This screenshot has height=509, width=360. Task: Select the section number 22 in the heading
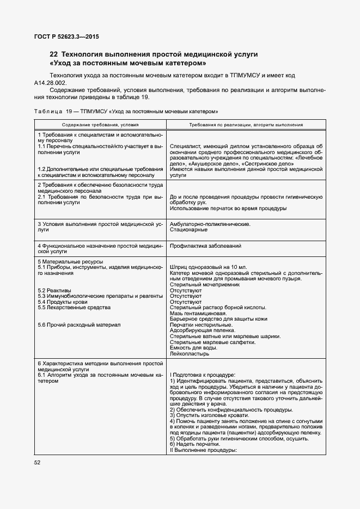[x=53, y=54]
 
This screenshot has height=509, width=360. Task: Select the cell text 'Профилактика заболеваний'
[x=206, y=246]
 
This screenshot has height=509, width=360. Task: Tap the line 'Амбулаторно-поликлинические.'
[x=210, y=224]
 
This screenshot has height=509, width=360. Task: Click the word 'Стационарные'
[x=188, y=229]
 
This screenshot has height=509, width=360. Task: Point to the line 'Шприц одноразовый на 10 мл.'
[x=209, y=268]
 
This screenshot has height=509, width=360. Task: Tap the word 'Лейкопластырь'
[x=190, y=353]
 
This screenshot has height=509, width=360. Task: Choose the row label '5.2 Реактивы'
[x=54, y=291]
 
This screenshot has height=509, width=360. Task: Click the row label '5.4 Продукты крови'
[x=62, y=302]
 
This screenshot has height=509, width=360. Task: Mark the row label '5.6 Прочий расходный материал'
[x=79, y=325]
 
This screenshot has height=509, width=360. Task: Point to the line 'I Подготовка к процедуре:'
[x=203, y=375]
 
